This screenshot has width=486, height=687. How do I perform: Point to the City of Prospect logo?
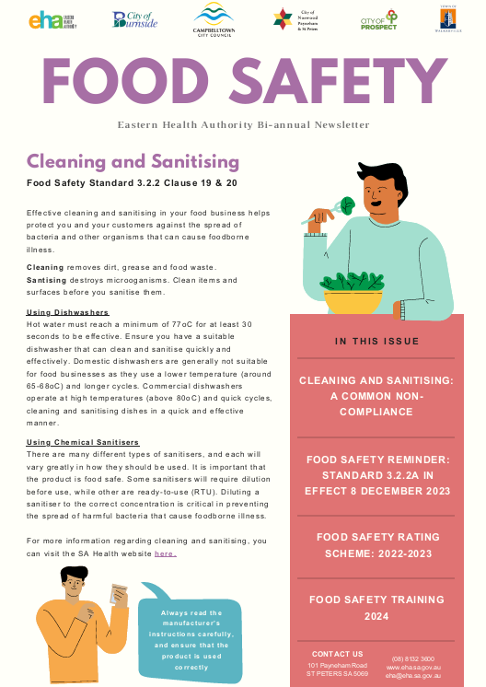379,20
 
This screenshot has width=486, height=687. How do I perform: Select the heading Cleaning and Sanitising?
133,162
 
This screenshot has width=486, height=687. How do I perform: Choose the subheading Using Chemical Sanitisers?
83,443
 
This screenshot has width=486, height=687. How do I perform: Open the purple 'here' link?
166,553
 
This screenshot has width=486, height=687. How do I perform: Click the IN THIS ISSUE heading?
376,342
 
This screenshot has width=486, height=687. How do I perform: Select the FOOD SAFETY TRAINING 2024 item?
376,607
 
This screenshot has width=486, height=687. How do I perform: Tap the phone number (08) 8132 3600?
413,658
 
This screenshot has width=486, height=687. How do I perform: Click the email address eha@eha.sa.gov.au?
413,675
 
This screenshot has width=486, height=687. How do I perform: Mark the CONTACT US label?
338,654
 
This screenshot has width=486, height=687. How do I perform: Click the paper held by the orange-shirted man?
118,594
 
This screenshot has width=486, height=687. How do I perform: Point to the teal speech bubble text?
191,639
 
